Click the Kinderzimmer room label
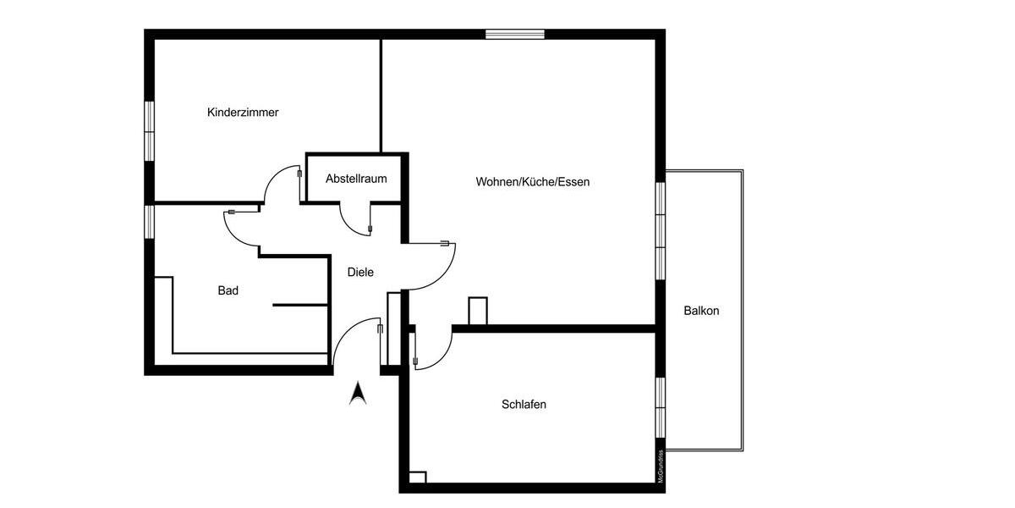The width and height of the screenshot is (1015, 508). tap(243, 112)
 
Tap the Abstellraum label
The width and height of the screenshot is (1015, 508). tap(356, 179)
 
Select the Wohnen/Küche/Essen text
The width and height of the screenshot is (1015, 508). tap(532, 181)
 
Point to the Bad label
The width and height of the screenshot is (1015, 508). tap(228, 290)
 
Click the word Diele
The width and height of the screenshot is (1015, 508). tap(360, 272)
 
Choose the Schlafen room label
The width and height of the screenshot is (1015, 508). tap(524, 404)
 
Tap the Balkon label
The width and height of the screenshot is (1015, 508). tap(701, 311)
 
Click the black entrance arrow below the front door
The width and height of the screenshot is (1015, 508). tap(357, 394)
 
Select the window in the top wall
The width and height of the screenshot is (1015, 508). tap(514, 34)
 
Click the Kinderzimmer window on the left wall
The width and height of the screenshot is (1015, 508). tap(149, 130)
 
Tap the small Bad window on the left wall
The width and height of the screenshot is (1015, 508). tap(149, 222)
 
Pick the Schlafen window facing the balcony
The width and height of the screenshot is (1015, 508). tap(660, 406)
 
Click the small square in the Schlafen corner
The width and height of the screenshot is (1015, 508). tap(417, 478)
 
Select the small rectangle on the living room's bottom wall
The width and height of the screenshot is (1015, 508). tap(478, 311)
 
